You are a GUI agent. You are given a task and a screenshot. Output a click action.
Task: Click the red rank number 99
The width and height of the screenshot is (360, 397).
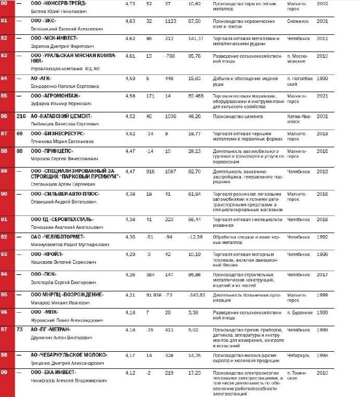[x=4, y=373]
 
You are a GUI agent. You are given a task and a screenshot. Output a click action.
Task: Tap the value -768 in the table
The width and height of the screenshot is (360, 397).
[x=170, y=55]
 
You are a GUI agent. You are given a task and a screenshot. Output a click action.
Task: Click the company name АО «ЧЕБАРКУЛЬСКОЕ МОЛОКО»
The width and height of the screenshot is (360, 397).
[x=69, y=355]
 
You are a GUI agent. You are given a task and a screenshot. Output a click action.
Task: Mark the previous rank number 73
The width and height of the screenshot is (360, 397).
[x=19, y=329]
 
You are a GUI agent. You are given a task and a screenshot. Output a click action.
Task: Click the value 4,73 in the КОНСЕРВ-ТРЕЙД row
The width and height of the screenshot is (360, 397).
[x=130, y=3]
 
